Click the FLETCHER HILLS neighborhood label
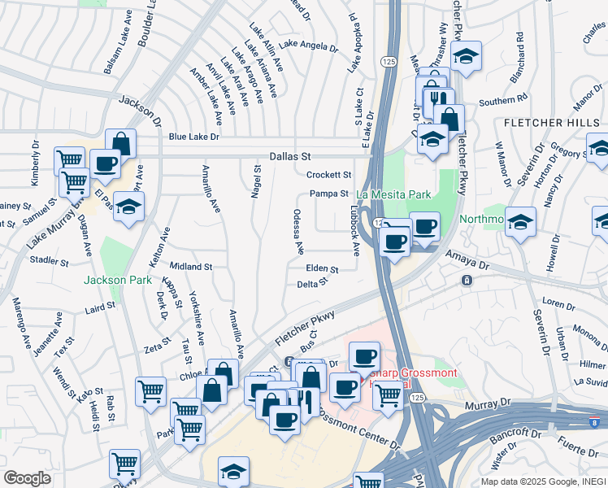552,123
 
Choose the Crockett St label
328,175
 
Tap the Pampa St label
328,194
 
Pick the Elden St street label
322,268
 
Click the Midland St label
191,266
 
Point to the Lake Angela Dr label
307,46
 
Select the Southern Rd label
503,102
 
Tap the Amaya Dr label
467,259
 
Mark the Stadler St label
49,261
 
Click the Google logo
27,478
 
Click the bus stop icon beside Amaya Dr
467,281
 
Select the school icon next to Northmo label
519,222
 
